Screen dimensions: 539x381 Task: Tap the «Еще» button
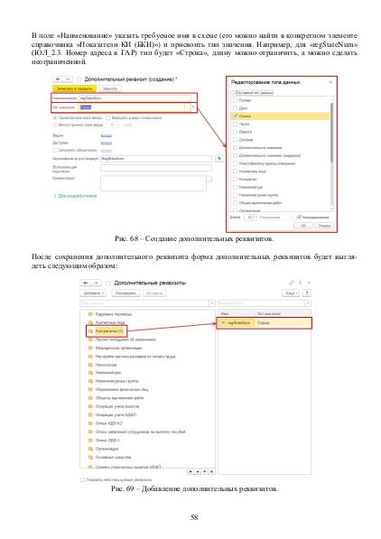click(x=289, y=293)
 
